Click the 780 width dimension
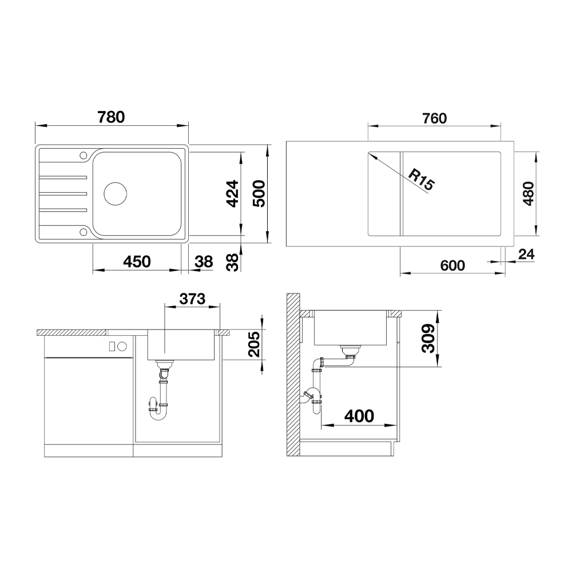pyautogui.click(x=112, y=117)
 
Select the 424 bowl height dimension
pyautogui.click(x=232, y=194)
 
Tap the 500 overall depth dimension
pyautogui.click(x=259, y=194)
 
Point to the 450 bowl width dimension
pyautogui.click(x=137, y=261)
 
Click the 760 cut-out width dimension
pyautogui.click(x=435, y=118)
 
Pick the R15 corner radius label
pyautogui.click(x=422, y=179)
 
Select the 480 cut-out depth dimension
pyautogui.click(x=528, y=194)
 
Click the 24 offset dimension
pyautogui.click(x=526, y=255)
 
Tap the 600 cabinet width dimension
pyautogui.click(x=452, y=265)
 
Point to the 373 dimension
pyautogui.click(x=192, y=299)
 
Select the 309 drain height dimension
pyautogui.click(x=428, y=338)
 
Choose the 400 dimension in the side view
pyautogui.click(x=359, y=416)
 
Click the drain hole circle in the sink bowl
pyautogui.click(x=116, y=194)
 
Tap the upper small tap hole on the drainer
pyautogui.click(x=84, y=155)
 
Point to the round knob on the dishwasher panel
pyautogui.click(x=122, y=346)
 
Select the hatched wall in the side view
pyautogui.click(x=293, y=375)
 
